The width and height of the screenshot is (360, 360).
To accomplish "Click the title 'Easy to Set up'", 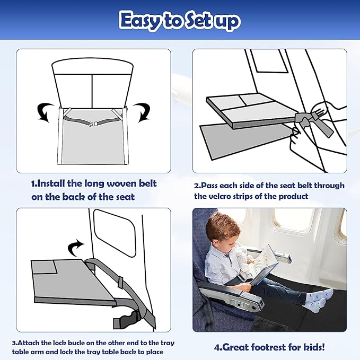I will click(180, 21).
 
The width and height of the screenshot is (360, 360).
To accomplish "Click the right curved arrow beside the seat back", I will click(142, 112).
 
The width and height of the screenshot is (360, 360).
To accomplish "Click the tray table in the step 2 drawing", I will click(244, 108).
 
